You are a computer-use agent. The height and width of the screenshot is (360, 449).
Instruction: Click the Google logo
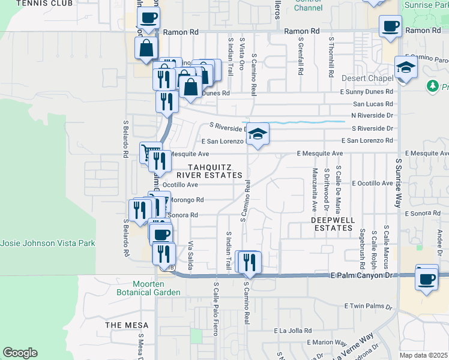coord(20,353)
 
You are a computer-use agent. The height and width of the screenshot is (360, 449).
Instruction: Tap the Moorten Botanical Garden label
coord(157,288)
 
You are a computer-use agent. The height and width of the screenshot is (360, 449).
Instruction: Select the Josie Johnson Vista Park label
coord(48,244)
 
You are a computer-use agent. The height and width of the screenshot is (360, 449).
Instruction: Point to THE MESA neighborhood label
coord(122,325)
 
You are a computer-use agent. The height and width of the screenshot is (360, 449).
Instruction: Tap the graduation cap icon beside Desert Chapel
coord(406,67)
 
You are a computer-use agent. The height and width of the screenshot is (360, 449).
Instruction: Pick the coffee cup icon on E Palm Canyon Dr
coord(427,278)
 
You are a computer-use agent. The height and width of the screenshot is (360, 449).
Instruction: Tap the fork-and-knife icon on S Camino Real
coord(249,262)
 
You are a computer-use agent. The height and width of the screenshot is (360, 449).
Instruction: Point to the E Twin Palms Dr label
coord(368,306)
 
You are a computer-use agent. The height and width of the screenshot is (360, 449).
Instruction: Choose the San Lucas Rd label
coord(372,103)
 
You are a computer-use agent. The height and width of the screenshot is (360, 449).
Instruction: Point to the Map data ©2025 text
coord(424,355)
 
